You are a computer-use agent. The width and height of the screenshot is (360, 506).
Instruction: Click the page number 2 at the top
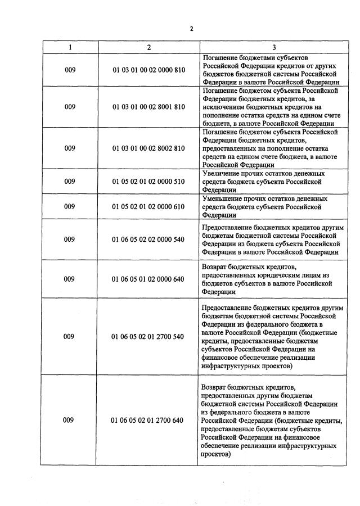click(x=191, y=29)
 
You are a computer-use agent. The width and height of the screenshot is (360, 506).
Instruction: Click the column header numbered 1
click(x=70, y=47)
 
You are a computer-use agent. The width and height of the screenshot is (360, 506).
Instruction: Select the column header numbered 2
click(x=148, y=47)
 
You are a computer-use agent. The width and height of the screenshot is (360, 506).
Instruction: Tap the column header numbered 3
click(x=273, y=47)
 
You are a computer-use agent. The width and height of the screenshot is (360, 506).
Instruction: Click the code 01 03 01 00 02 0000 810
click(x=148, y=70)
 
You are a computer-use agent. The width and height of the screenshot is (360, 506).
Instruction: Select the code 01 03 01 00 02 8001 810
click(x=148, y=107)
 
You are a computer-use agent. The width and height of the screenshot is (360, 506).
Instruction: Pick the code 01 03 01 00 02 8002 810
click(x=148, y=148)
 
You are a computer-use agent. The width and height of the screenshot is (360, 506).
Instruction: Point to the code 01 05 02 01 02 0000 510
click(x=148, y=182)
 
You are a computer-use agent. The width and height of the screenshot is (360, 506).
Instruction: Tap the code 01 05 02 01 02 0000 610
click(x=148, y=206)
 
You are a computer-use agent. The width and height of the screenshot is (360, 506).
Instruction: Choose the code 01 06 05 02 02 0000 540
click(x=148, y=240)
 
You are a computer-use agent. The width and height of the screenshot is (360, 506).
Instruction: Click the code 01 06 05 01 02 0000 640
click(x=148, y=279)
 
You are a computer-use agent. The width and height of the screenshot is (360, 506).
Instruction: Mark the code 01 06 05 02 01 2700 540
click(x=148, y=337)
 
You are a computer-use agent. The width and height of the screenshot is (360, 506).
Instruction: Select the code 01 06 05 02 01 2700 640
click(x=148, y=420)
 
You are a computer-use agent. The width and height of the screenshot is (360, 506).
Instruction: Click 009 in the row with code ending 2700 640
click(x=70, y=420)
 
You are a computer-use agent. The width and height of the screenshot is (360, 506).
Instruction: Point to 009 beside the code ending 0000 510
click(x=70, y=182)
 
